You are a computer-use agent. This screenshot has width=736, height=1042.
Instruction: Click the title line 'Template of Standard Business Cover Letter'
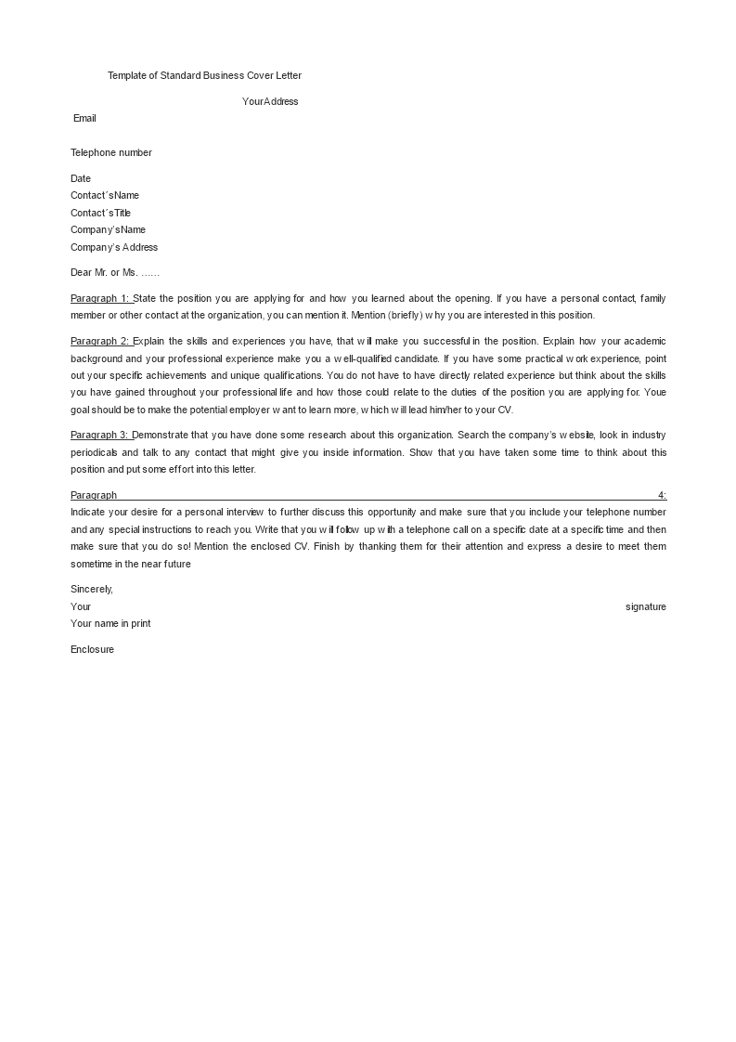(204, 75)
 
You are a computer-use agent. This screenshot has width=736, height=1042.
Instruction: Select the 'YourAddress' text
(270, 101)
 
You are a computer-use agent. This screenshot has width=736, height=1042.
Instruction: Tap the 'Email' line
(84, 118)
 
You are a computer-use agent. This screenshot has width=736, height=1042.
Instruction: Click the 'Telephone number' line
(111, 152)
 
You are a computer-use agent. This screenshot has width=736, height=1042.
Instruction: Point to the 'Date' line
(81, 178)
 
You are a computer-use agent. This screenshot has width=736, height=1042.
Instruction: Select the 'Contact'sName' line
(105, 195)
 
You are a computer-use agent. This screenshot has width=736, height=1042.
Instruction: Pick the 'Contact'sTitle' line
(100, 213)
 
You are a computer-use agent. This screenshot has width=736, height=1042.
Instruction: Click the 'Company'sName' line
(108, 229)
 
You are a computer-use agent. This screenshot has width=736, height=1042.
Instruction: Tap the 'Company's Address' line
(114, 247)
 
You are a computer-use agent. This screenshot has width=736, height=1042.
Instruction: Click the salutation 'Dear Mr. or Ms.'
(115, 273)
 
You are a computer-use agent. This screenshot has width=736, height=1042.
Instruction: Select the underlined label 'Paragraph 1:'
(100, 298)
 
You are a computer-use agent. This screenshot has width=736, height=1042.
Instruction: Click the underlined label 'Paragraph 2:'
(100, 341)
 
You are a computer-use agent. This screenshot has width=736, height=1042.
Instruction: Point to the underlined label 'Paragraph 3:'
(100, 435)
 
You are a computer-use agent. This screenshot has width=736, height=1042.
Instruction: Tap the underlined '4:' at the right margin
(662, 495)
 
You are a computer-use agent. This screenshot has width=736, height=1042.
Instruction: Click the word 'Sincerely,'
(92, 589)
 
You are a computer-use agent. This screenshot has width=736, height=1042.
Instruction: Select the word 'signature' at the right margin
(646, 606)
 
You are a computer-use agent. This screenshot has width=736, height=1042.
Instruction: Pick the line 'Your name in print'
(110, 623)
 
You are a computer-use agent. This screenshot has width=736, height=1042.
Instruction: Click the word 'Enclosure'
(92, 649)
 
